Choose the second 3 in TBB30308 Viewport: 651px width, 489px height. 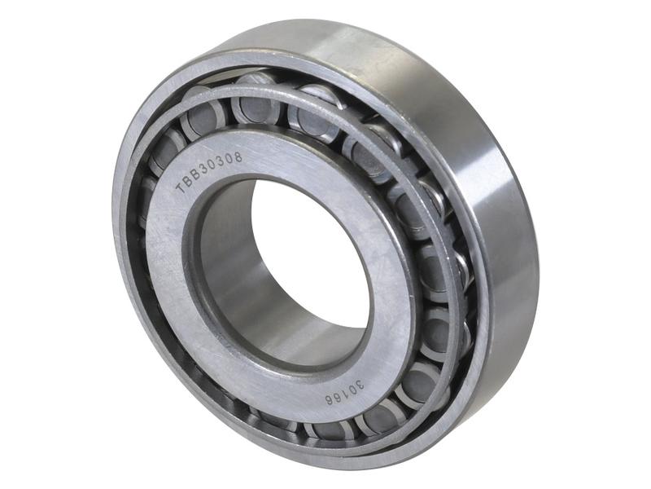click(219, 161)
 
